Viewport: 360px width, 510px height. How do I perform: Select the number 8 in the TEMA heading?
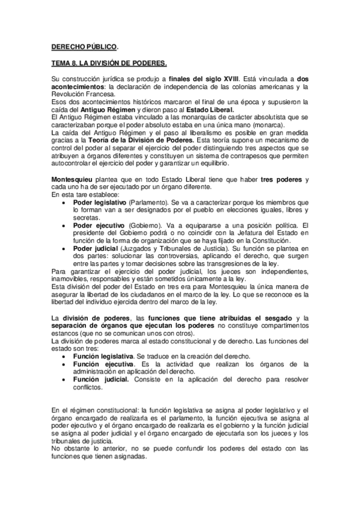(x=73, y=63)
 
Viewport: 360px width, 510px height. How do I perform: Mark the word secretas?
(x=85, y=217)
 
